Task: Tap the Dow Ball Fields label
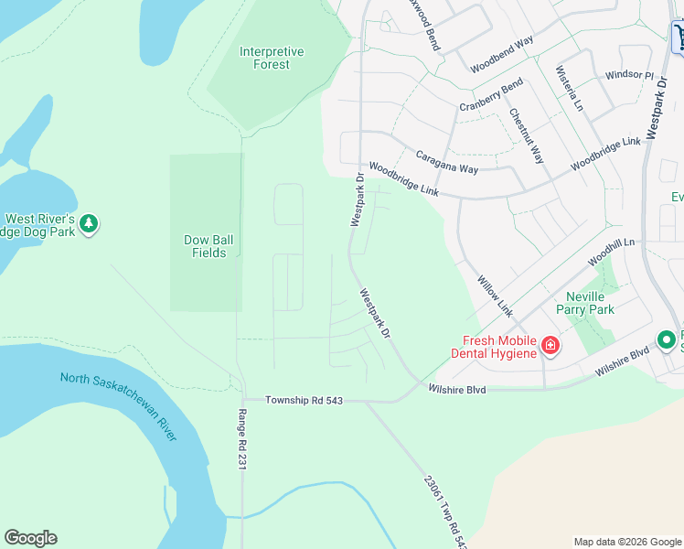coord(209,246)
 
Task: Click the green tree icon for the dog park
coord(89,223)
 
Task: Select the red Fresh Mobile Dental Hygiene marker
coord(550,345)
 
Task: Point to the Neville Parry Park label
coord(590,303)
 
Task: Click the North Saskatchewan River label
coord(118,405)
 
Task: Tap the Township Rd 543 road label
coord(304,401)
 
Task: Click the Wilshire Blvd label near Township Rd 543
coord(457,389)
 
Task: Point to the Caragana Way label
coord(447,163)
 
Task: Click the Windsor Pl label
coord(630,75)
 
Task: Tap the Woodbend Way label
coord(502,56)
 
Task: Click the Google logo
coord(30,538)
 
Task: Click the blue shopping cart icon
coord(679,36)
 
